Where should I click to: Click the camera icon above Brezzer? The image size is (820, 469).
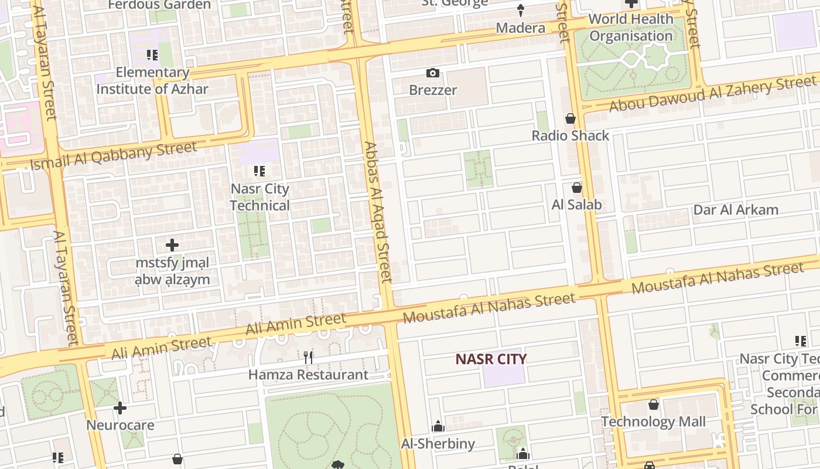[433, 73]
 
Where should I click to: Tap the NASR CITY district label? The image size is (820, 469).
[491, 359]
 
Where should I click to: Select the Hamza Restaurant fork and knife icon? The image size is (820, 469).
[309, 357]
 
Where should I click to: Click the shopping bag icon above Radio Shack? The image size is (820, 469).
[570, 118]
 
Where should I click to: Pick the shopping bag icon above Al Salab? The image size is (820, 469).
[577, 188]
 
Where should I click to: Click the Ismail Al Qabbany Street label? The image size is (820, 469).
[114, 155]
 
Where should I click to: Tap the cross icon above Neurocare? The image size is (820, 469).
[120, 407]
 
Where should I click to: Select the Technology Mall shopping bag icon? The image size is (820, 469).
[654, 405]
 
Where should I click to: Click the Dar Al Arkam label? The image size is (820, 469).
[736, 210]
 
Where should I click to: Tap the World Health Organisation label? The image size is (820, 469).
[631, 28]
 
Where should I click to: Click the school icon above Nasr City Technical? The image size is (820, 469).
[259, 171]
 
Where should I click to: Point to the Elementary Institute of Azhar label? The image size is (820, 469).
[152, 81]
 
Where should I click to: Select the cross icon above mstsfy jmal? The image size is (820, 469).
[172, 244]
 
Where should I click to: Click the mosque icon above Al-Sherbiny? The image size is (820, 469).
[438, 426]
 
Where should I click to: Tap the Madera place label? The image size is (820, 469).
[521, 28]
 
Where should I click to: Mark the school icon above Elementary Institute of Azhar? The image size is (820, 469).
[152, 55]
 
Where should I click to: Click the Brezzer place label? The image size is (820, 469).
[433, 90]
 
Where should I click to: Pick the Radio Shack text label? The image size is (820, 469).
[570, 135]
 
